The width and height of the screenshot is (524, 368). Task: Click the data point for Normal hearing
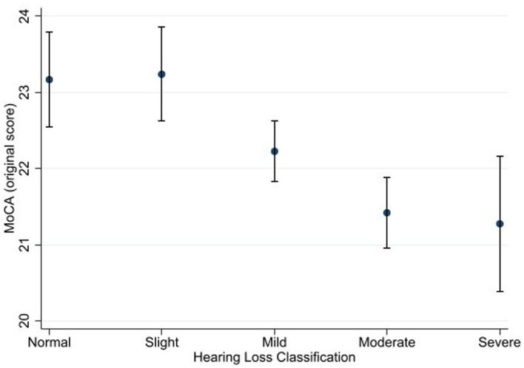point(49,79)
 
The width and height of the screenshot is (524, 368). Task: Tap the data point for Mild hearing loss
point(275,151)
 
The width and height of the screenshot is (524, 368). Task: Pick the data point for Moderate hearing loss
point(386,212)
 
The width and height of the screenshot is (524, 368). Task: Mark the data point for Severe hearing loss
point(500,223)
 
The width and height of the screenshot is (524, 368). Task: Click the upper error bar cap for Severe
point(500,156)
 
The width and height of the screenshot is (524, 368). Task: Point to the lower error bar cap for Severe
point(500,291)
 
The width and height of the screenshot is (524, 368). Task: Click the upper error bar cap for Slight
point(161,27)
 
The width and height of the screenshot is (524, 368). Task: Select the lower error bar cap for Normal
point(49,126)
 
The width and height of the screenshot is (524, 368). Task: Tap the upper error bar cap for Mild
point(275,120)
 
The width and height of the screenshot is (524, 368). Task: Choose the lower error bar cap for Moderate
point(386,248)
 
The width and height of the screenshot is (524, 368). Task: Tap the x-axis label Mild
point(275,342)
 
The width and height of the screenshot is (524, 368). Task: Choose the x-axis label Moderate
point(386,342)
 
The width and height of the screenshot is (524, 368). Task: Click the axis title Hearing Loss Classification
point(275,356)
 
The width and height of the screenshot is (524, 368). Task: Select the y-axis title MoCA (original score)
point(10,168)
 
